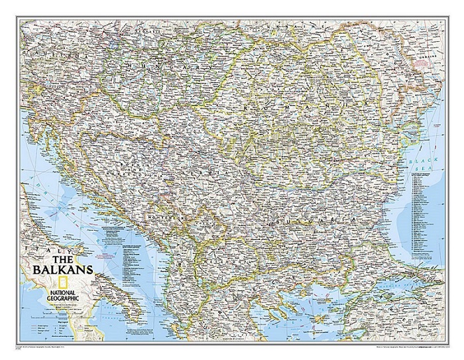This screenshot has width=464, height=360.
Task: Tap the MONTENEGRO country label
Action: pyautogui.click(x=162, y=216)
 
